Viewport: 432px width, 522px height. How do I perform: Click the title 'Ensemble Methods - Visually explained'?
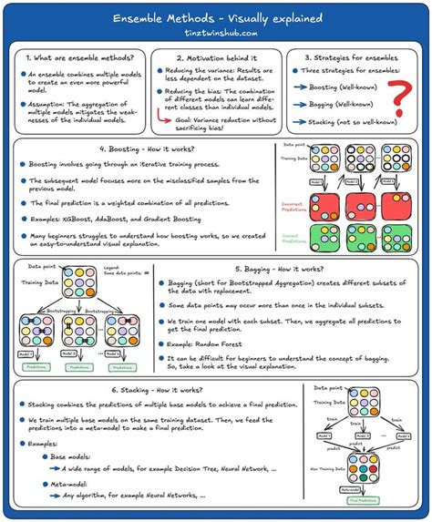(x=216, y=18)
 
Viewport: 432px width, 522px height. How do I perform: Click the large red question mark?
(x=397, y=95)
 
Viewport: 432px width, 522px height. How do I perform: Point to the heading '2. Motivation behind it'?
(x=215, y=57)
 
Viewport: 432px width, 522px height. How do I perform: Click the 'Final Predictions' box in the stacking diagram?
(x=365, y=499)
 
